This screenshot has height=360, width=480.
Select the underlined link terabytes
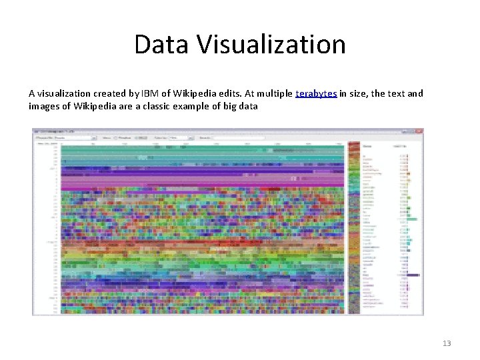click(316, 93)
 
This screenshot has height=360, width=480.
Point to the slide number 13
click(447, 343)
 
